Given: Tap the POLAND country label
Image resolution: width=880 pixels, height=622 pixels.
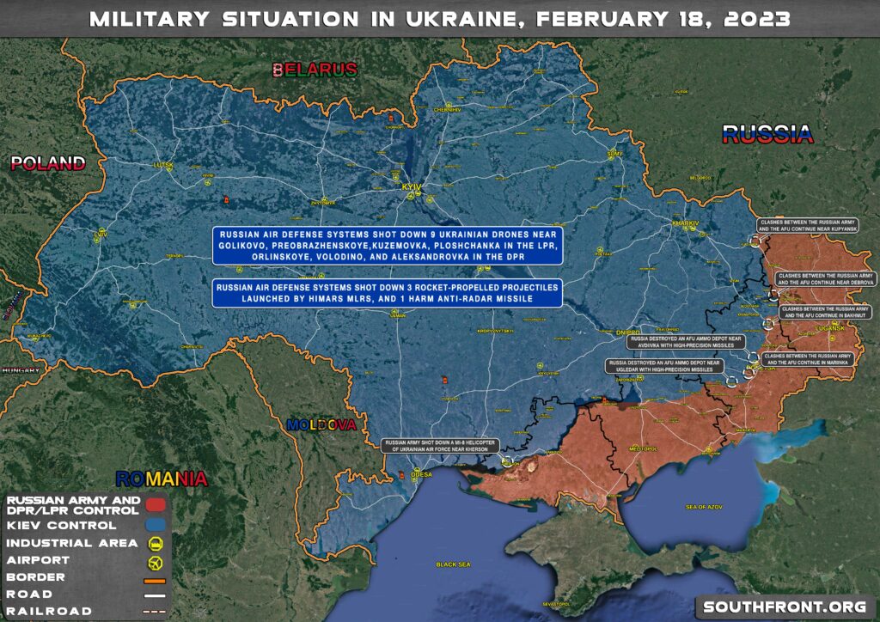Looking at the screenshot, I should (47, 163).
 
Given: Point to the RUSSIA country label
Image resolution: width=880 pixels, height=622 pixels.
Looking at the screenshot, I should (767, 133).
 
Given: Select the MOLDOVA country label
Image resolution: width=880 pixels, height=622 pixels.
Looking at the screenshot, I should (321, 424).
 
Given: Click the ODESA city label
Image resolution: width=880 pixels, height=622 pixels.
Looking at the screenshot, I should (422, 473).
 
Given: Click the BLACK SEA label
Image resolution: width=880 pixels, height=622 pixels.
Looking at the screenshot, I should (453, 564).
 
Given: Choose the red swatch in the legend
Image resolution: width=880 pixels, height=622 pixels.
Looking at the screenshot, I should (156, 504).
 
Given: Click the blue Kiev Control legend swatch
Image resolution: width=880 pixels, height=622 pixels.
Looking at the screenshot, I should (156, 524).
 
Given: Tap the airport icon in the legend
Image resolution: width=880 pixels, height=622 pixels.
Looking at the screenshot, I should (156, 560).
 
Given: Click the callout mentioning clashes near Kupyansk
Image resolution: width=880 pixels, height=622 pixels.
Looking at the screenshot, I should (808, 226).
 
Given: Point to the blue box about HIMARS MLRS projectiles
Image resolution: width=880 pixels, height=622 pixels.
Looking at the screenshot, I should (388, 292).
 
